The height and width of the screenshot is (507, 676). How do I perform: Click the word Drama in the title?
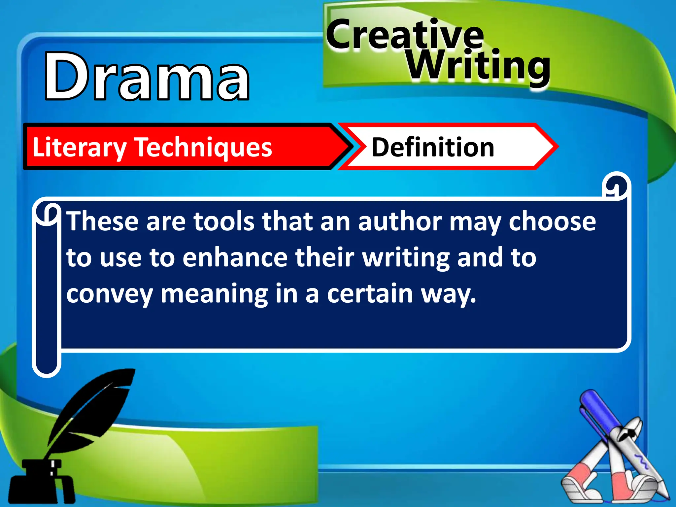click(147, 77)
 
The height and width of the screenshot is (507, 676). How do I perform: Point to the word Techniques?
click(204, 148)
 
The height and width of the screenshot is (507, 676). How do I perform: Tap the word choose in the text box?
click(552, 222)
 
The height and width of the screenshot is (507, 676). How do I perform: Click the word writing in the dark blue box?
click(406, 258)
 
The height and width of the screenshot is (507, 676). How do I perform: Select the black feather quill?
click(96, 409)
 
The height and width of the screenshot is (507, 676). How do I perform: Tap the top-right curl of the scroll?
click(616, 187)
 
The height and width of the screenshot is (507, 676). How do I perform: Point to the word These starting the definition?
click(102, 222)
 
